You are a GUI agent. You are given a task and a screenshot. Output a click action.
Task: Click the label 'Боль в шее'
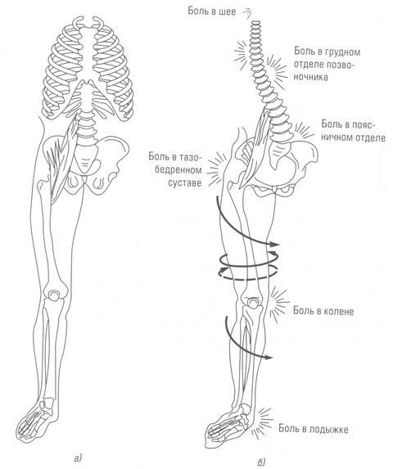pyautogui.click(x=212, y=11)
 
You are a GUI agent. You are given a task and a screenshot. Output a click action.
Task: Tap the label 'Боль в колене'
pyautogui.click(x=323, y=311)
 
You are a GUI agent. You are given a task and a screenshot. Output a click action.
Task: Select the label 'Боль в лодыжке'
pyautogui.click(x=314, y=429)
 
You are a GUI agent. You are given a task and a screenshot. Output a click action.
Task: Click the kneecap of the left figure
pyautogui.click(x=54, y=295)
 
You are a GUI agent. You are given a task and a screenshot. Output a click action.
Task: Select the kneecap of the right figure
pyautogui.click(x=253, y=303)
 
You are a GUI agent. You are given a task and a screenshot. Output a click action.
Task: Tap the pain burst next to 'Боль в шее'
pyautogui.click(x=247, y=12)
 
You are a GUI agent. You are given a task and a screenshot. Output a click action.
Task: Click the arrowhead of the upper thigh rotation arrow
pyautogui.click(x=273, y=244)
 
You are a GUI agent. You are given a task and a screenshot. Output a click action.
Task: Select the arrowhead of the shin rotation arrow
pyautogui.click(x=268, y=357)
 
